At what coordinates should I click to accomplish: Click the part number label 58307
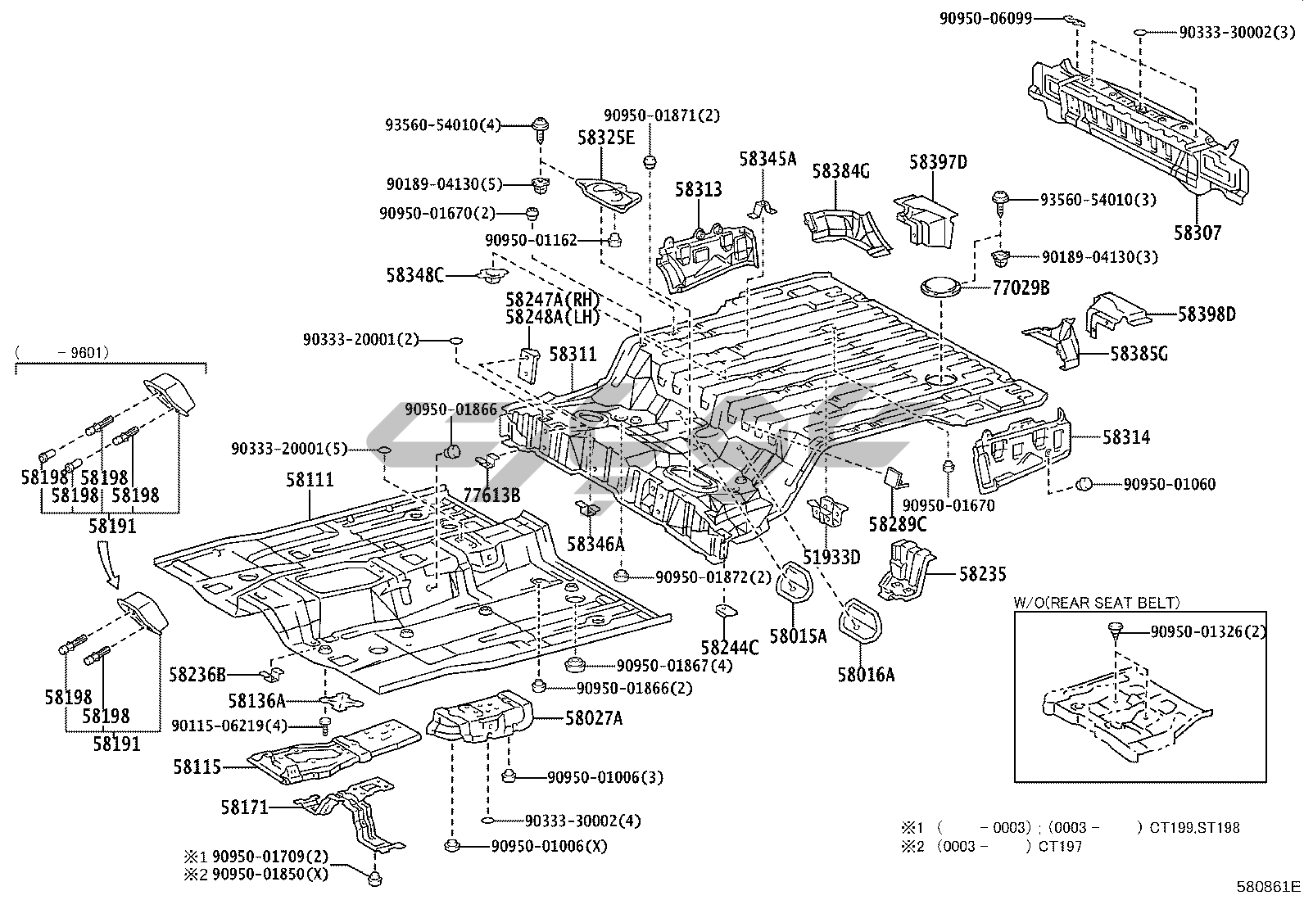point(1197,233)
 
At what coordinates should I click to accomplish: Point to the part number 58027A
point(593,719)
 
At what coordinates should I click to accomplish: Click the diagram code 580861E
point(1269,886)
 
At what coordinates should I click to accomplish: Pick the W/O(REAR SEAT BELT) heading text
point(1097,603)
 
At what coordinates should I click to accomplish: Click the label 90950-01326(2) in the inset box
point(1208,631)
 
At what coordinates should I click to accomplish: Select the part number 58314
point(1125,437)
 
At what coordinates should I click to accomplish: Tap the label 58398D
point(1207,314)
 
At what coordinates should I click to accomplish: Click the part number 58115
point(197,767)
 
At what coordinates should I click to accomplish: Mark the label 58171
point(244,807)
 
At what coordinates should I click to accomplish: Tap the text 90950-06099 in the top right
point(985,17)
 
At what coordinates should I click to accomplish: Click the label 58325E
point(605,138)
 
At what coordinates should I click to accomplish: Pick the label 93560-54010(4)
point(442,125)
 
